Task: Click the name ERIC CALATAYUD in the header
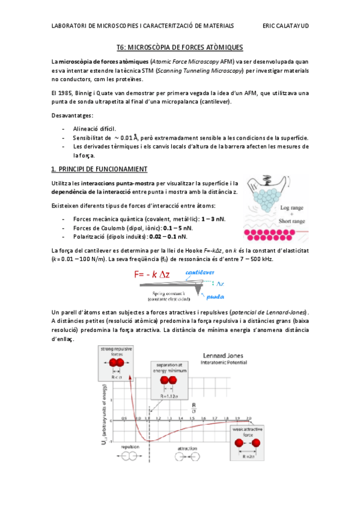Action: (286, 26)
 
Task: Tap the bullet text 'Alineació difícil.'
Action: (95, 129)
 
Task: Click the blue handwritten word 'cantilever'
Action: (200, 272)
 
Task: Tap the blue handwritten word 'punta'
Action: (215, 296)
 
